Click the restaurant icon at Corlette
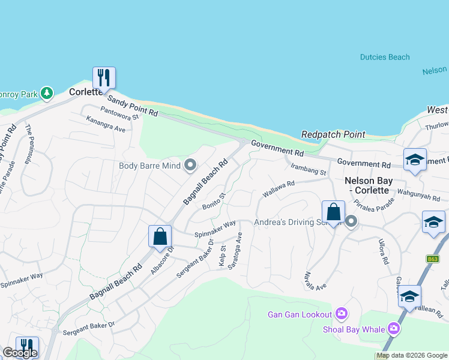point(103,77)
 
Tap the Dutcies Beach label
point(385,58)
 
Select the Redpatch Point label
point(333,134)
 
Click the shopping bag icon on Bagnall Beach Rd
point(160,236)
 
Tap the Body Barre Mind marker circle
point(191,165)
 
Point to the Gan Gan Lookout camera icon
point(342,314)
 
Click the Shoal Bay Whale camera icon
point(393,328)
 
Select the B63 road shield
point(432,259)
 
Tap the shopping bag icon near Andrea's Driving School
point(333,212)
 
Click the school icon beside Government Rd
point(414,160)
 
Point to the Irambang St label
point(307,169)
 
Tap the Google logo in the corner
point(20,353)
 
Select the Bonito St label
point(213,201)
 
